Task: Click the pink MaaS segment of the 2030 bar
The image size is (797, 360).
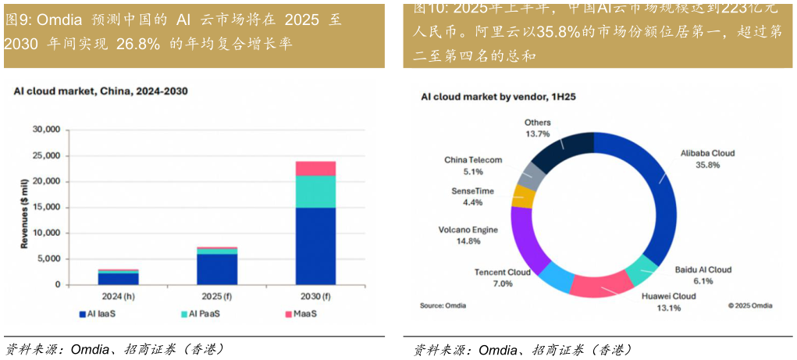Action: tap(315, 169)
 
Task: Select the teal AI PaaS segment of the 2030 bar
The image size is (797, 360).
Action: tap(315, 191)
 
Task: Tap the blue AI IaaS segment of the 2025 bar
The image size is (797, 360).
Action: tap(216, 269)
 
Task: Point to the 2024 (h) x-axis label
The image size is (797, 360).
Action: tap(118, 297)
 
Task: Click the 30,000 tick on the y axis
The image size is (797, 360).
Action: tap(46, 130)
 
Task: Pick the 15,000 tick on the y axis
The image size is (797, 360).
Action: tap(46, 207)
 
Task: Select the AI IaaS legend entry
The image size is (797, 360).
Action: tap(100, 314)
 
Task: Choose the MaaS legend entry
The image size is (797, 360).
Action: tap(300, 314)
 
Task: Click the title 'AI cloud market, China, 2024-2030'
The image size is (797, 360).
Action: tap(101, 91)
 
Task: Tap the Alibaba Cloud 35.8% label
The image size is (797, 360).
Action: tap(707, 159)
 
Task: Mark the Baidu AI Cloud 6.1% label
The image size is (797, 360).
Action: tap(703, 275)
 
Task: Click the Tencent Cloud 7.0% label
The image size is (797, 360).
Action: tap(502, 277)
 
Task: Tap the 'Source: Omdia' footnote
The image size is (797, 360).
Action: tap(443, 305)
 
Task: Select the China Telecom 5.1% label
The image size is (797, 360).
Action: tap(473, 165)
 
